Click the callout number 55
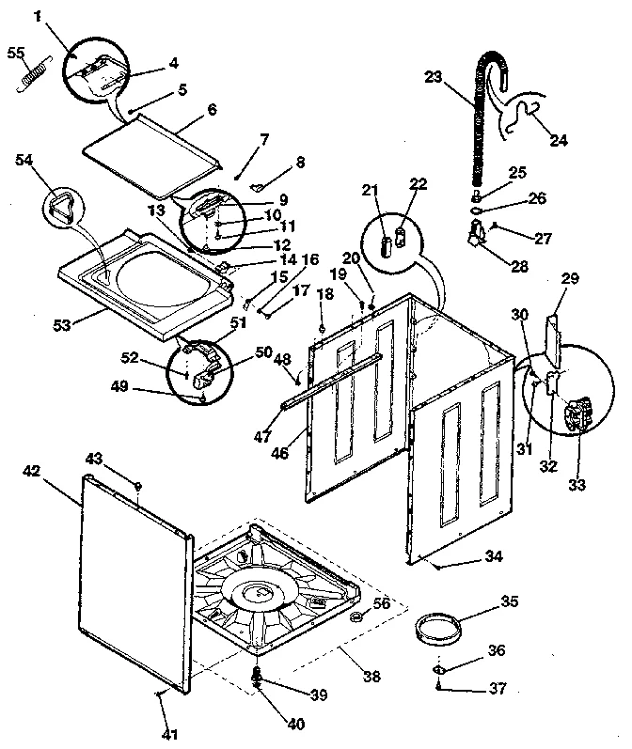point(16,54)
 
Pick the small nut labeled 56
point(357,617)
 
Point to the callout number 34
point(493,557)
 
